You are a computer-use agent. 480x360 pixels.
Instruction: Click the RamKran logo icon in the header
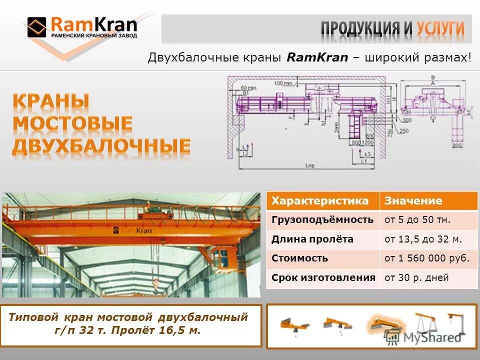(36, 27)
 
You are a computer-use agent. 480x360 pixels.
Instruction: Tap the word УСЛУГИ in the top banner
(440, 28)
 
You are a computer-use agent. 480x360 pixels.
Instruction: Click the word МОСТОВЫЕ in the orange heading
(72, 123)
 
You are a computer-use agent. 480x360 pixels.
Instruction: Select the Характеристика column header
(319, 201)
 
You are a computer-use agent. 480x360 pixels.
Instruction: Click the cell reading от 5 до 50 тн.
(417, 220)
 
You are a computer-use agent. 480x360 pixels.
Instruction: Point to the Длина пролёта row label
(312, 239)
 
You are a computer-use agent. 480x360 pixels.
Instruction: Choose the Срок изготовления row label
(323, 278)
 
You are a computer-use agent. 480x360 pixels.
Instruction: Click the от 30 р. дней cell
(416, 278)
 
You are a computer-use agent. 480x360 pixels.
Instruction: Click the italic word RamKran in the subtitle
(317, 57)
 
